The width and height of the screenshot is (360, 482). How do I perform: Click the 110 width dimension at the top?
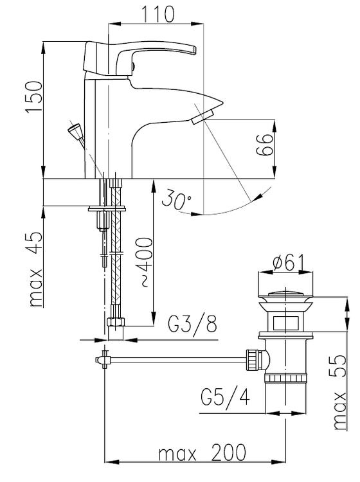[157, 13]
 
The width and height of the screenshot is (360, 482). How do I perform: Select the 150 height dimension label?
[34, 97]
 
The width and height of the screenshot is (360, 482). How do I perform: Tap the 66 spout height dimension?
[264, 145]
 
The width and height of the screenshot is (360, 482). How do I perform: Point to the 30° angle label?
[176, 199]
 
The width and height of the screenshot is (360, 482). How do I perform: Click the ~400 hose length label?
[145, 262]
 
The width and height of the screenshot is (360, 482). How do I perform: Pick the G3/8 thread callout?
[192, 324]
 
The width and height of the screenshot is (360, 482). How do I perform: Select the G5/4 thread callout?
[226, 398]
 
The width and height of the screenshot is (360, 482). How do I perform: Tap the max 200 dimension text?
[203, 452]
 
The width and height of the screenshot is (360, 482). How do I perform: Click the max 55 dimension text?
[339, 392]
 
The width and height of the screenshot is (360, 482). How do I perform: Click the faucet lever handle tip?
[193, 50]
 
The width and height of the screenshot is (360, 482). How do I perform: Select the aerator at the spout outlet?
[203, 118]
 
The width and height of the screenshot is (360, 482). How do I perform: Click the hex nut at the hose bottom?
[116, 323]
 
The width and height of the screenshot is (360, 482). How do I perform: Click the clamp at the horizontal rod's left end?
[102, 360]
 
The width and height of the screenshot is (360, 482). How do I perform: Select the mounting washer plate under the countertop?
[107, 210]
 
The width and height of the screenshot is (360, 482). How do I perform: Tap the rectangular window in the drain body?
[285, 322]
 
